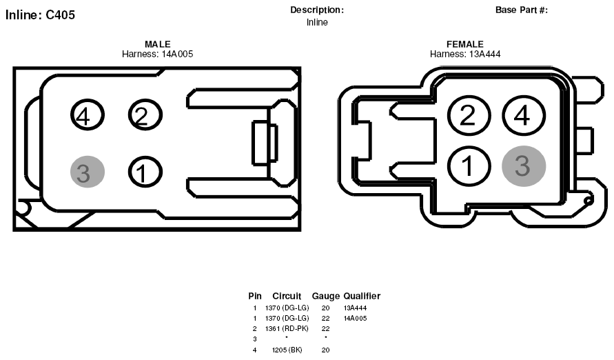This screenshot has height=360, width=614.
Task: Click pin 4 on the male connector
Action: click(x=88, y=114)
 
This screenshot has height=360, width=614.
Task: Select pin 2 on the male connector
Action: click(x=145, y=114)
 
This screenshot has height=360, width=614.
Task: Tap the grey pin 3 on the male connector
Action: click(x=88, y=172)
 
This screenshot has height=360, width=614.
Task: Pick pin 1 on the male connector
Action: click(x=145, y=172)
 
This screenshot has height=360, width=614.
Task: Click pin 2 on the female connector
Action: click(x=469, y=116)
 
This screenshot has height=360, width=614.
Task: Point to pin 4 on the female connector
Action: click(x=524, y=116)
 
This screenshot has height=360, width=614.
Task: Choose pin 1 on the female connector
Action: click(x=469, y=166)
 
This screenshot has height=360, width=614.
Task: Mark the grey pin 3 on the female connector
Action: click(x=524, y=166)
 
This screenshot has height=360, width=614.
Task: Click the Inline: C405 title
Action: click(x=40, y=15)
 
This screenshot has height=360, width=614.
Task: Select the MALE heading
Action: click(x=157, y=44)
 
